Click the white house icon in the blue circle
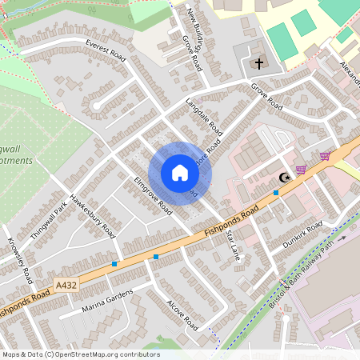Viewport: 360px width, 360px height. coord(180,173)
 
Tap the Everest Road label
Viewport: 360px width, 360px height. coord(106,49)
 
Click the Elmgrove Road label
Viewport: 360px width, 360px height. coord(153,195)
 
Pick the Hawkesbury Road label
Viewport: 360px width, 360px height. coord(93,217)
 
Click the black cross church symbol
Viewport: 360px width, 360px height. coord(258,62)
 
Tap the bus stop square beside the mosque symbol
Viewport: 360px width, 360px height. coord(276,192)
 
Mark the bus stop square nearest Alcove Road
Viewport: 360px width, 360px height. coord(156,256)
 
